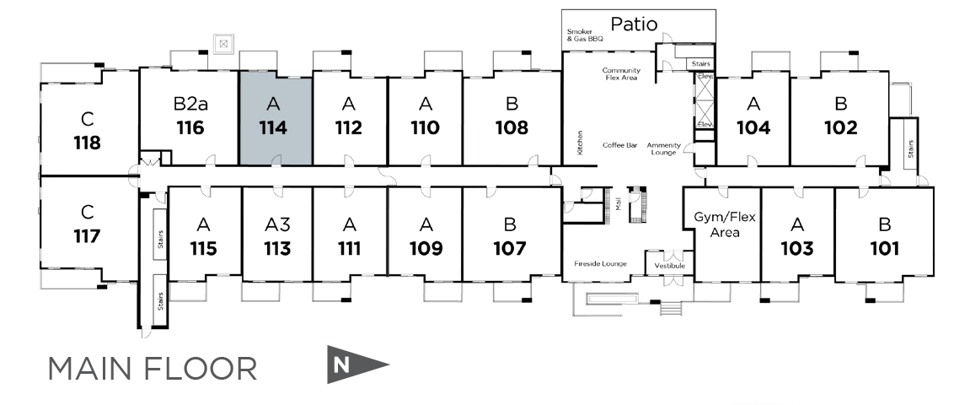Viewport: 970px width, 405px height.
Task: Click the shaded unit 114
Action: coord(276,117)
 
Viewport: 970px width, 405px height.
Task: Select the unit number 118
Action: coord(87,143)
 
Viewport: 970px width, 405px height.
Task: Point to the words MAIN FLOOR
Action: coord(153,369)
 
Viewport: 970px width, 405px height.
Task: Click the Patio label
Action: coord(634,24)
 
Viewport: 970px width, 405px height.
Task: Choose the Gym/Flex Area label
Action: coord(725,224)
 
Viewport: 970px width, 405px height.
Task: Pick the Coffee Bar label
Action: coord(620,145)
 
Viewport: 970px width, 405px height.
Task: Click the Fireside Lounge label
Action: coord(600,264)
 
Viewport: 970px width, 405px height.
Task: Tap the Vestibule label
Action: coord(669,266)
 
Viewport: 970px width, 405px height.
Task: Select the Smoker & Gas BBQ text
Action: coord(585,35)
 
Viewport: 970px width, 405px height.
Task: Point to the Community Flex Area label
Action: coord(621,73)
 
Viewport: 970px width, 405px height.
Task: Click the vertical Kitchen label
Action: coord(581,143)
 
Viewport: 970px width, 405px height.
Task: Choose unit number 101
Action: coord(884,248)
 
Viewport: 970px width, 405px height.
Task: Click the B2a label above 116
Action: coord(190,104)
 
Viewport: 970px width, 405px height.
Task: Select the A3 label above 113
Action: coord(277,224)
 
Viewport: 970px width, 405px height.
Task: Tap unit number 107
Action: coord(510,248)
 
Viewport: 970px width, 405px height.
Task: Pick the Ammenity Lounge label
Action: coord(664,148)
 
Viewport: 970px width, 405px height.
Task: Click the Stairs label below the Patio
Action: coord(701,64)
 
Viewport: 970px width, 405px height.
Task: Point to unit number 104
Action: coord(753,127)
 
